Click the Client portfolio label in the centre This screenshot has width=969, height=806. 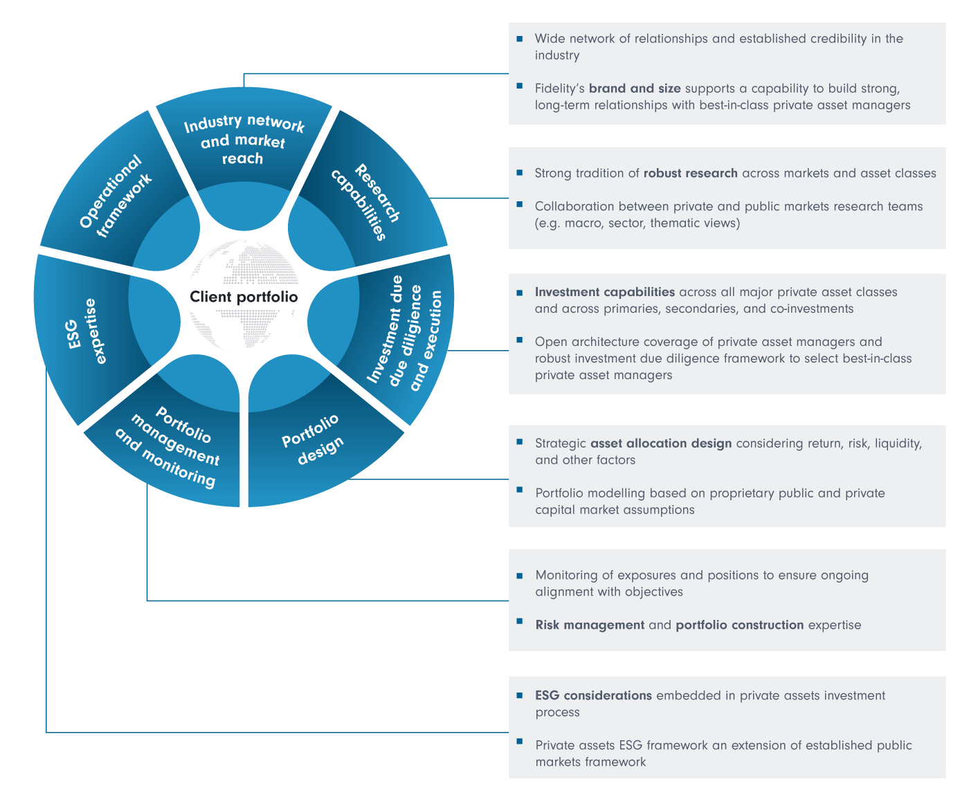(x=244, y=297)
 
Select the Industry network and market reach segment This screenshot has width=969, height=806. (x=243, y=140)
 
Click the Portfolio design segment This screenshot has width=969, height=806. (x=312, y=439)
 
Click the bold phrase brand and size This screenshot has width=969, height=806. (x=635, y=89)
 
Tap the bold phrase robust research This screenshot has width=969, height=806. (x=690, y=173)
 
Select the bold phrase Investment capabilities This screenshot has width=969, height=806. (x=604, y=292)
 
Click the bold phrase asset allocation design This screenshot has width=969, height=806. (x=660, y=443)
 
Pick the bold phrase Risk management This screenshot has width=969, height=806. (x=590, y=625)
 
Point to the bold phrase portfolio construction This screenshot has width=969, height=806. (x=739, y=625)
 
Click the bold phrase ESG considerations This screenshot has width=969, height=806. (x=593, y=695)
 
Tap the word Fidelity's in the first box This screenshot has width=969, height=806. (x=559, y=89)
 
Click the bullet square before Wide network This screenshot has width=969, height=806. (x=520, y=39)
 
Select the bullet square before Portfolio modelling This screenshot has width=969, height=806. (x=520, y=491)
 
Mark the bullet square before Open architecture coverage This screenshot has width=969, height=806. (x=520, y=339)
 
